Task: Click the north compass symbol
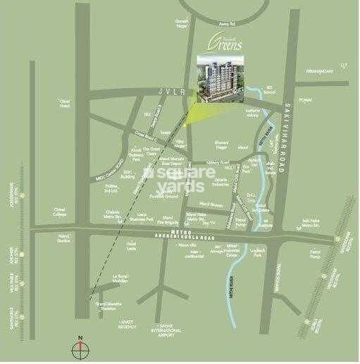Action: (x=80, y=348)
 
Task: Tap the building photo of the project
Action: (x=217, y=78)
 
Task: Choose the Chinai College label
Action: (x=61, y=211)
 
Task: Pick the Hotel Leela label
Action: (x=131, y=245)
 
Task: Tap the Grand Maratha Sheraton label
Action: (x=108, y=306)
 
